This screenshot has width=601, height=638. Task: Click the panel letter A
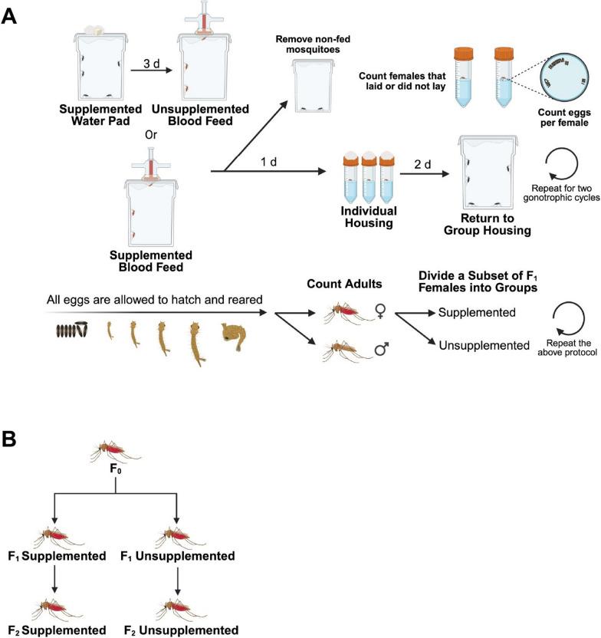coord(10,17)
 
